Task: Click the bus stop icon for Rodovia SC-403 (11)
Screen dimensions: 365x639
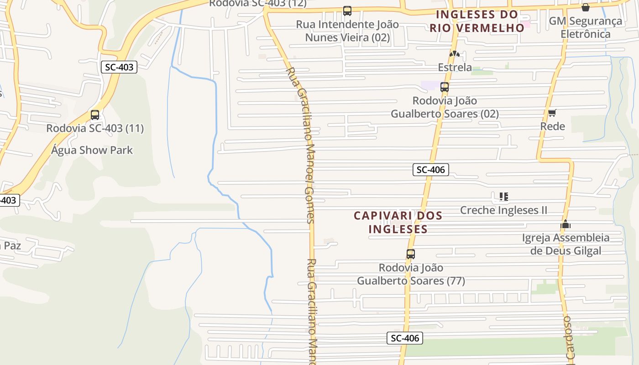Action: [95, 115]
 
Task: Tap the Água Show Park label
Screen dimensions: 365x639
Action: [92, 150]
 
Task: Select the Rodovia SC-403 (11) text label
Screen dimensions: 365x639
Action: [95, 128]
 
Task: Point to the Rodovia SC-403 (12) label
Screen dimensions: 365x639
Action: [257, 4]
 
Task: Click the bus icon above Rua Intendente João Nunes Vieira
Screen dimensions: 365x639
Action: [347, 11]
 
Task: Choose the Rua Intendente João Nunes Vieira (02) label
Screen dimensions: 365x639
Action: [347, 31]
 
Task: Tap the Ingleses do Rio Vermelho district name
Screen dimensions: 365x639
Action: [477, 21]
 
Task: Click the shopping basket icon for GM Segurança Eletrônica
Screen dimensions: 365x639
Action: [586, 7]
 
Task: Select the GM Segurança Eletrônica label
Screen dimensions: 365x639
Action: [585, 27]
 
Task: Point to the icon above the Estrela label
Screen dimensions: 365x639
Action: [454, 54]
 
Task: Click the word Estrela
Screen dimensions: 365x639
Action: [455, 68]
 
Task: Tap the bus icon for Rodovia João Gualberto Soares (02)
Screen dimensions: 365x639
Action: [445, 87]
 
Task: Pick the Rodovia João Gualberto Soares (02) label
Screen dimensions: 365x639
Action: [445, 107]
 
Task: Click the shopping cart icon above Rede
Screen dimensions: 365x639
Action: [552, 113]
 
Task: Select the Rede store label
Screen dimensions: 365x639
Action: [552, 126]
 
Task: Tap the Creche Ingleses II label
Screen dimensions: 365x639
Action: [503, 210]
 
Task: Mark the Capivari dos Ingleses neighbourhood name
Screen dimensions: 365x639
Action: [398, 222]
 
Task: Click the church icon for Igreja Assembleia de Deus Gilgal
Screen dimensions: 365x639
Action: [566, 224]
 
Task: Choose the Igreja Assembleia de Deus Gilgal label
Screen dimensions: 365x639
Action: [566, 244]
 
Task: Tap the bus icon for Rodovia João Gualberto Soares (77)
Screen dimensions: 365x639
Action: [411, 254]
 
